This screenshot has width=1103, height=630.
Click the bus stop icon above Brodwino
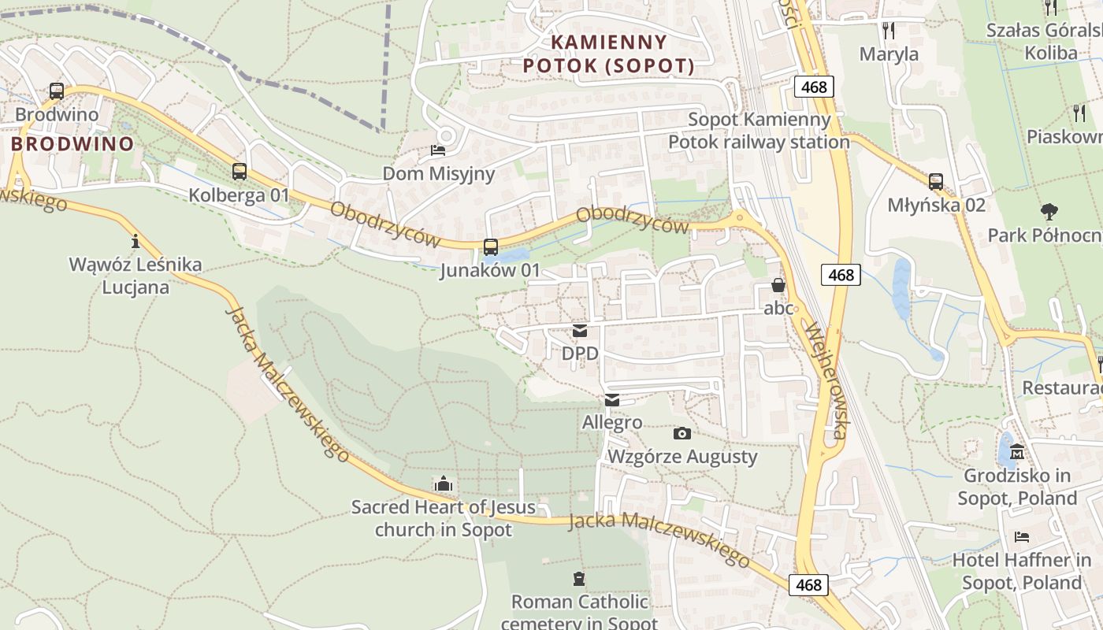(56, 91)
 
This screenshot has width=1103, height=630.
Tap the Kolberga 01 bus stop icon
(240, 171)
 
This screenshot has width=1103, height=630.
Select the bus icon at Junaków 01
(490, 246)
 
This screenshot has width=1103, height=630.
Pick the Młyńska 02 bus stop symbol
(936, 181)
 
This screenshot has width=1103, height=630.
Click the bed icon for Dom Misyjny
(438, 150)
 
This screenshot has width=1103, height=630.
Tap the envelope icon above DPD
(580, 331)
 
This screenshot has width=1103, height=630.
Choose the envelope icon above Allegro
(612, 400)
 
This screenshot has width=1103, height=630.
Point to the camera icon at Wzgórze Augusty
(682, 433)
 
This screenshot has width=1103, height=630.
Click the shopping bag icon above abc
(778, 285)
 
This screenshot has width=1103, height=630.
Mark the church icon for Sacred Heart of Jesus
(444, 484)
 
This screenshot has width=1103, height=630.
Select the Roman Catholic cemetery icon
(579, 579)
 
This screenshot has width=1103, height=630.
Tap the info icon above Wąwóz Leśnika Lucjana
(135, 240)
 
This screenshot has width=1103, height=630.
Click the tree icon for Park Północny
(1049, 211)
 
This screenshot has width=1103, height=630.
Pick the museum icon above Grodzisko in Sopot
(1016, 452)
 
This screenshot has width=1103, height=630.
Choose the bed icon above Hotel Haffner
(1022, 537)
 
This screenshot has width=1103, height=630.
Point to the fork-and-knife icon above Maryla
(889, 31)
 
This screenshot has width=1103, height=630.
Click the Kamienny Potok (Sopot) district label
(609, 54)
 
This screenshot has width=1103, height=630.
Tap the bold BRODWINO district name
(72, 144)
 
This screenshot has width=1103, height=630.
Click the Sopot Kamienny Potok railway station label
(759, 131)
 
